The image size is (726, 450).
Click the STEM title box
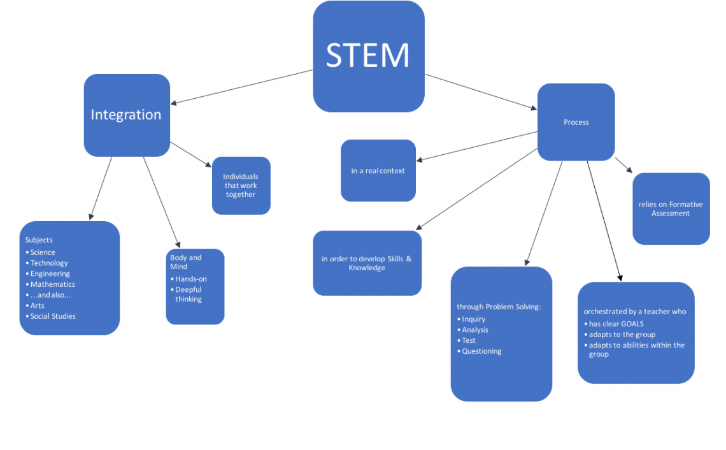pos(368,56)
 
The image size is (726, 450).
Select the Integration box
pos(127,115)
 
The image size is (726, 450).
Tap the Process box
pos(576,122)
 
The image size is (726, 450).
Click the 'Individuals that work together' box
pos(241,185)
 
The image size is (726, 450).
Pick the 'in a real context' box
pos(378,171)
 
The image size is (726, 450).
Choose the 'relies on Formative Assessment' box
pos(671,208)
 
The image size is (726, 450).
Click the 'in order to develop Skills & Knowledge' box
pos(367,263)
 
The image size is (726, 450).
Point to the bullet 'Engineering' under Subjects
pos(50,273)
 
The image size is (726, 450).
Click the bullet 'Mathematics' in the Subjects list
pos(52,284)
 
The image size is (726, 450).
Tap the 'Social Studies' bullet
pos(53,316)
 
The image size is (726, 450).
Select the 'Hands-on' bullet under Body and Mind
pos(190,279)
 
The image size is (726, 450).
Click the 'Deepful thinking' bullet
pos(189,294)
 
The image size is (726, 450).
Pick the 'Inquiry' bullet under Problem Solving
pos(473,319)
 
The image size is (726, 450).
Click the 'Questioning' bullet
pos(481,351)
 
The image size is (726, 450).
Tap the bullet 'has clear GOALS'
pos(616,324)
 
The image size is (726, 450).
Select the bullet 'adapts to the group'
pos(622,335)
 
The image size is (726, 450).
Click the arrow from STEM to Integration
pos(242,87)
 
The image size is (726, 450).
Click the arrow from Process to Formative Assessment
pos(623,165)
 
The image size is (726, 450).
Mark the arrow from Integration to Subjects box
pos(101,189)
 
